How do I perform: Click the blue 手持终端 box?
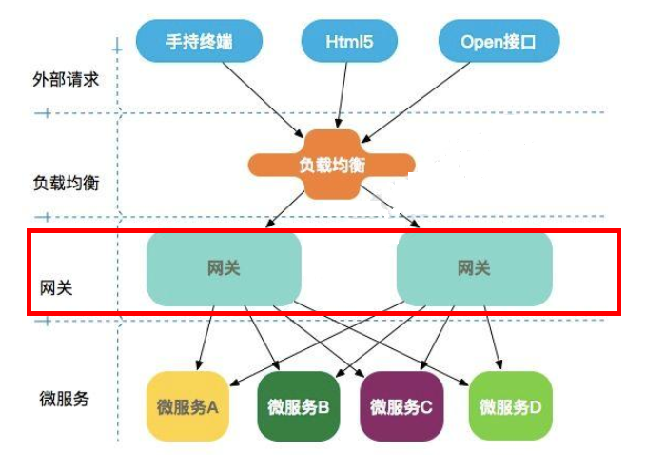[198, 42]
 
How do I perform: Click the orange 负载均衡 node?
[331, 165]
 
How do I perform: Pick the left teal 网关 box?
[224, 268]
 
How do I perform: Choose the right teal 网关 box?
[473, 268]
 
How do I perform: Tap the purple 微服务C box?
[401, 407]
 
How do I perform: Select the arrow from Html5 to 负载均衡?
[341, 95]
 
